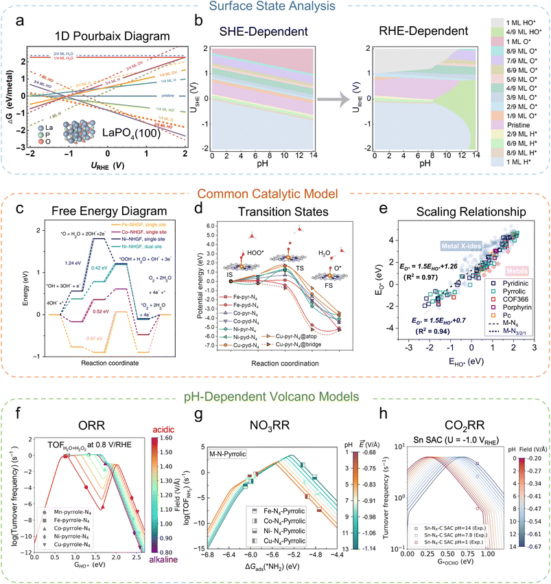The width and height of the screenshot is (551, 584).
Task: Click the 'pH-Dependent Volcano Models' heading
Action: [274, 395]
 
